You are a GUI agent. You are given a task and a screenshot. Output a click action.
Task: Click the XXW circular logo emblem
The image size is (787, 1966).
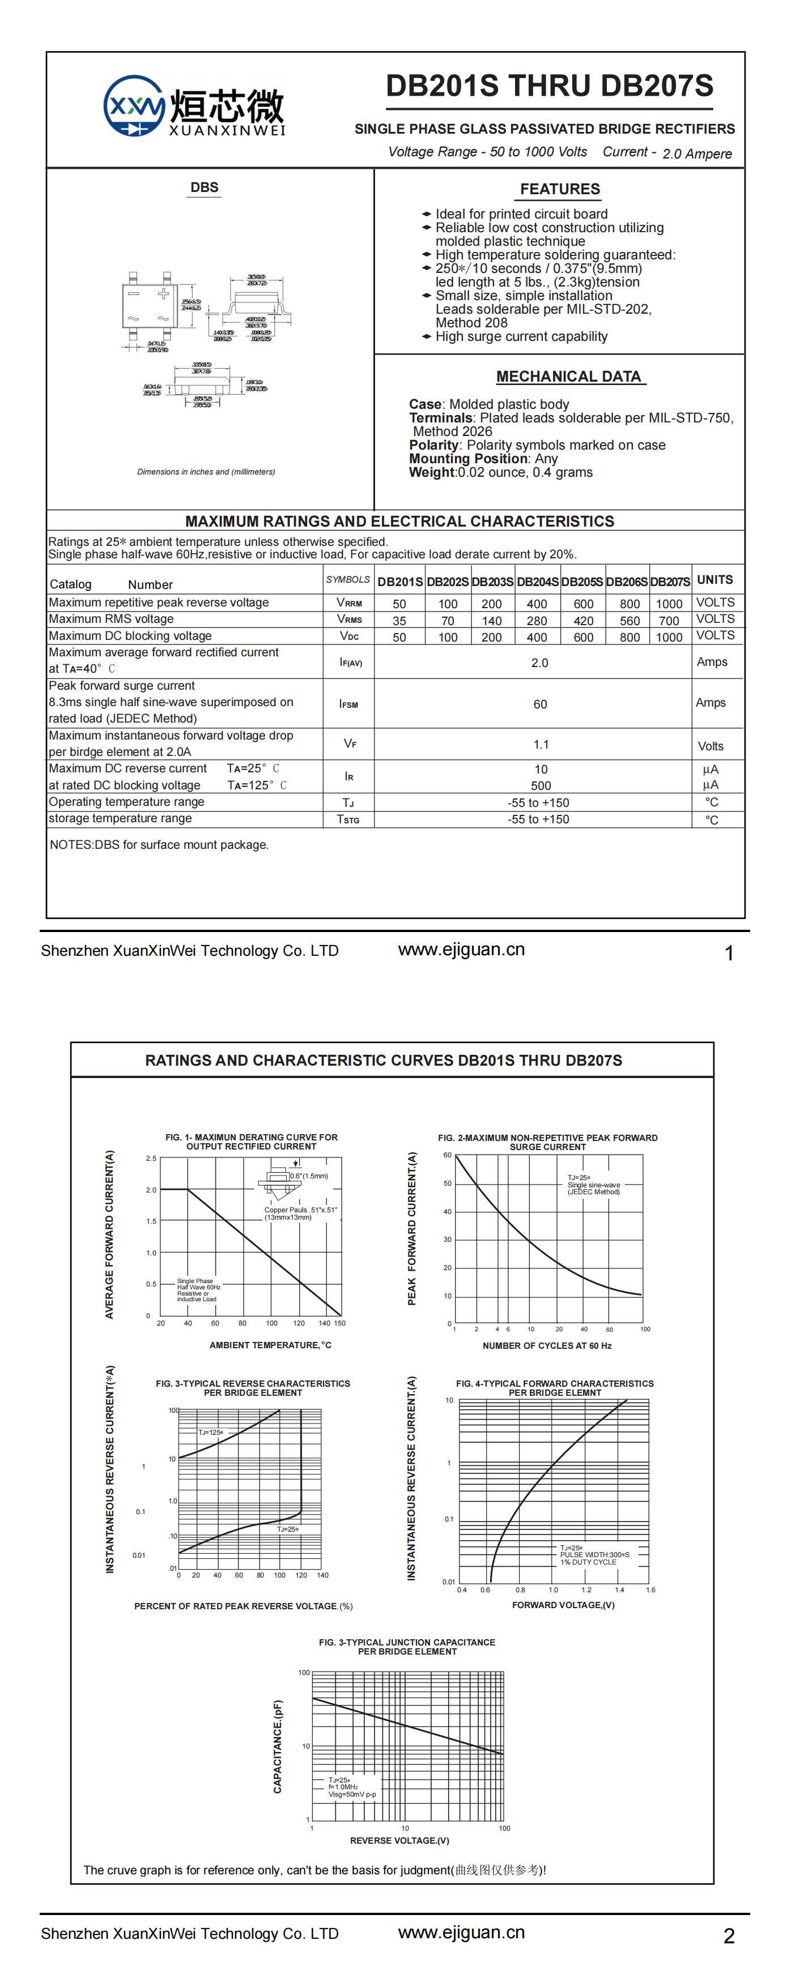pyautogui.click(x=134, y=106)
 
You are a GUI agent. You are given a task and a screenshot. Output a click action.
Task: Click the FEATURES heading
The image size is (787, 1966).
pyautogui.click(x=560, y=189)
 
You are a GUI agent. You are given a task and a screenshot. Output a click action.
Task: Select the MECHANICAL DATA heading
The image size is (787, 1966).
pyautogui.click(x=569, y=376)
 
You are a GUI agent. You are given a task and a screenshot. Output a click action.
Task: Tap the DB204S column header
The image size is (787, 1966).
pyautogui.click(x=537, y=582)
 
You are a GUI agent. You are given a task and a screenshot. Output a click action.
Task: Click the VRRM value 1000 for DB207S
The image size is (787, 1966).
pyautogui.click(x=669, y=603)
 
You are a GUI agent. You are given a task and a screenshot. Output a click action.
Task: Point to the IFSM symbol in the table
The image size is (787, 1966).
pyautogui.click(x=349, y=704)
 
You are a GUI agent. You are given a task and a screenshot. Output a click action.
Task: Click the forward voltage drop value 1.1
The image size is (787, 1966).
pyautogui.click(x=541, y=744)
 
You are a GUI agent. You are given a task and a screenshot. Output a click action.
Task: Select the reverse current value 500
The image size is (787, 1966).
pyautogui.click(x=541, y=785)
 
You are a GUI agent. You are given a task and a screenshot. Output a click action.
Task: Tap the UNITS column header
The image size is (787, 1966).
pyautogui.click(x=714, y=580)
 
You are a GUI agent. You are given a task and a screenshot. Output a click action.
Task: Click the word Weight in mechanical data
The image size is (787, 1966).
pyautogui.click(x=431, y=472)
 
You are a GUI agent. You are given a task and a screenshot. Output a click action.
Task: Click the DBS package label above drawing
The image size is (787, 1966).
pyautogui.click(x=204, y=188)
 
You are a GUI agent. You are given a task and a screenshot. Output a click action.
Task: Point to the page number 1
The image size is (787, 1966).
pyautogui.click(x=729, y=953)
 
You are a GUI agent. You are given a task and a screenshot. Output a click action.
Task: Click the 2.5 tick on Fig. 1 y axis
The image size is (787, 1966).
pyautogui.click(x=151, y=1159)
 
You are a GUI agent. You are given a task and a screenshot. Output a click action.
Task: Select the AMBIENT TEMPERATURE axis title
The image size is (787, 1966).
pyautogui.click(x=270, y=1345)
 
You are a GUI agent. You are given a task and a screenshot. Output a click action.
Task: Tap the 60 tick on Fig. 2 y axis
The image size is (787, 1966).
pyautogui.click(x=447, y=1156)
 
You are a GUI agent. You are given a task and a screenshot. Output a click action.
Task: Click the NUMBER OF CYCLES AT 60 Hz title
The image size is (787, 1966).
pyautogui.click(x=547, y=1345)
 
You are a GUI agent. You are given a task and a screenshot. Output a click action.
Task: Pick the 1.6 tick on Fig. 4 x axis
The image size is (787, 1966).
pyautogui.click(x=650, y=1590)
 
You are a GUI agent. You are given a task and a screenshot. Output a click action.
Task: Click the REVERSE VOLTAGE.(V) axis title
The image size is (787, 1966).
pyautogui.click(x=399, y=1841)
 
